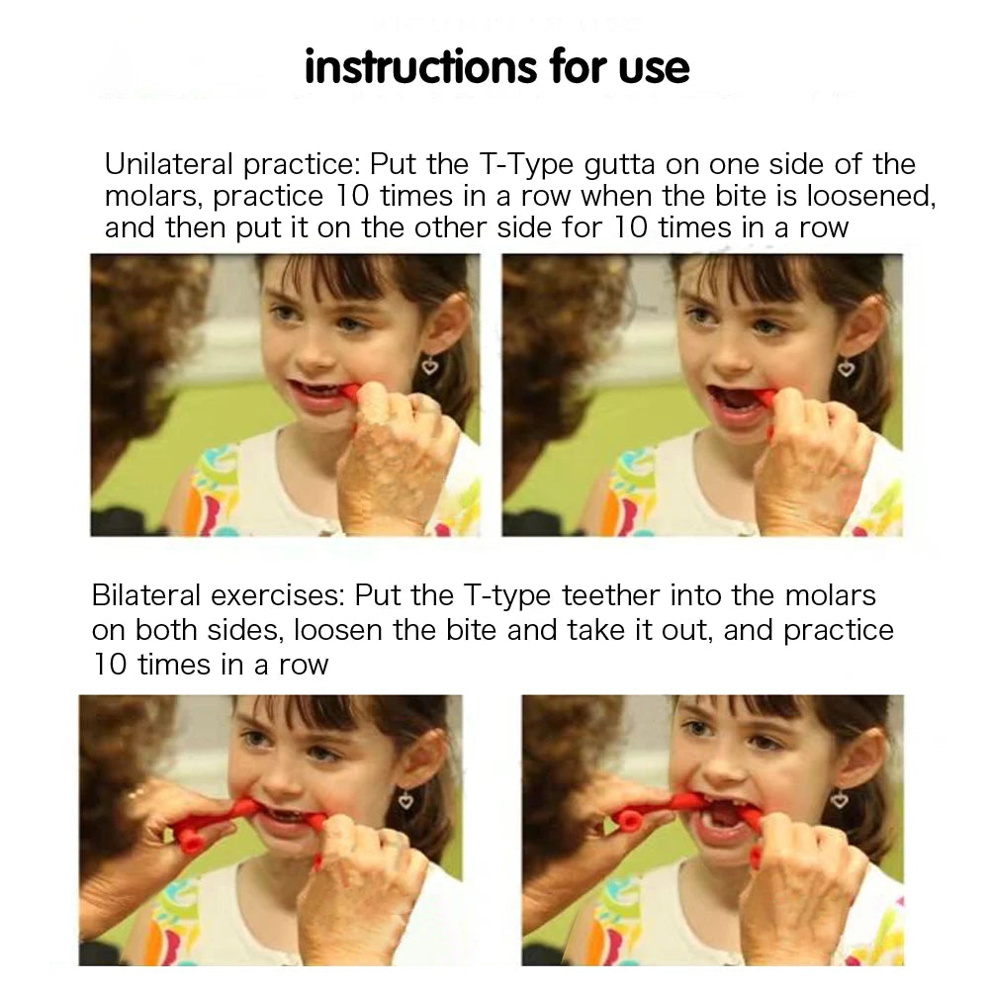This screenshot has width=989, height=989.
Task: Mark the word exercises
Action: click(278, 596)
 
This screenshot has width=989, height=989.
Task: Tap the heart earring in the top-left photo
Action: click(429, 365)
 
